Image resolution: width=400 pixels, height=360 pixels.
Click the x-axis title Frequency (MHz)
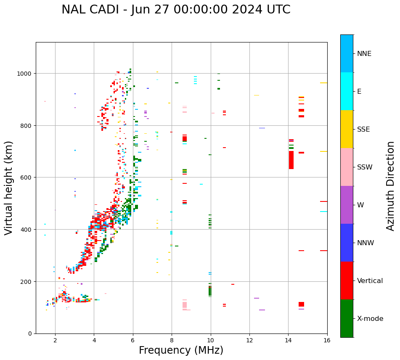click(x=181, y=350)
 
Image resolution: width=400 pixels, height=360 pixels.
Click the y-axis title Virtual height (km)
click(x=9, y=188)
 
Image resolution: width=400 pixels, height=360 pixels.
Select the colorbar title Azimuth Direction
click(x=391, y=186)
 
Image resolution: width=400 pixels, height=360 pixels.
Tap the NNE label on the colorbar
click(x=364, y=53)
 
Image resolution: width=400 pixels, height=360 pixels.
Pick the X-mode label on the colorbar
click(x=370, y=318)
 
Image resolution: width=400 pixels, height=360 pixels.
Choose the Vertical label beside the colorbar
click(x=370, y=281)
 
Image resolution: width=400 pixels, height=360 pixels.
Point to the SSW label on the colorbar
click(x=365, y=167)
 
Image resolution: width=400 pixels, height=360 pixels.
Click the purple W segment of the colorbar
click(x=347, y=205)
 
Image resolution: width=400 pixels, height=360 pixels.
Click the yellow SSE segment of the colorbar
click(x=347, y=129)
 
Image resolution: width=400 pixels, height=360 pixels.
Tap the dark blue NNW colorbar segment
click(x=347, y=243)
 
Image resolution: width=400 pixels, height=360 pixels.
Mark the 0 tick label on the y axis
click(x=30, y=334)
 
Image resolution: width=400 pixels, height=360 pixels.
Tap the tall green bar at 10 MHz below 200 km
click(x=210, y=291)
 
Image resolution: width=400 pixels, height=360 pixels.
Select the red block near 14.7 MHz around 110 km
click(x=301, y=304)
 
